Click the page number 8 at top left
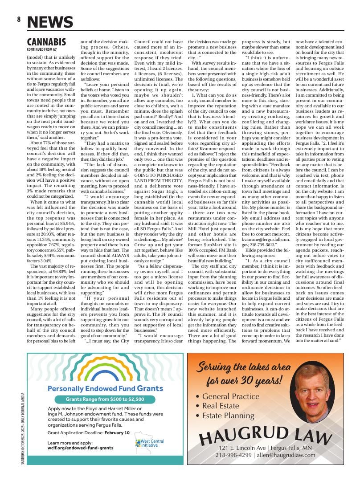pos(19,19)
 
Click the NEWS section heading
pos(50,22)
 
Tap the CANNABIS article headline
pos(46,42)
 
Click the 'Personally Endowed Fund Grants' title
pos(105,388)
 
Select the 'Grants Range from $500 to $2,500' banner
pos(105,399)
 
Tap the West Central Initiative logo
pos(149,443)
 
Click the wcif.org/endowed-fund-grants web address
pos(80,448)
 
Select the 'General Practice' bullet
pos(230,396)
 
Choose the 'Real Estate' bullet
pos(222,406)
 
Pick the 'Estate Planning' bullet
pos(228,416)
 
